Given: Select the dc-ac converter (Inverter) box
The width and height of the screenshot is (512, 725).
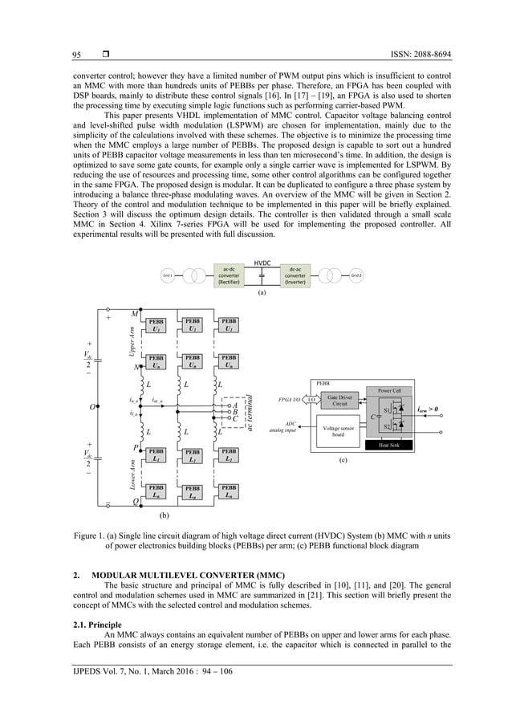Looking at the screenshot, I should (295, 275).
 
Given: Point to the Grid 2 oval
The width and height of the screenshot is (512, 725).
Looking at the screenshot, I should (356, 275).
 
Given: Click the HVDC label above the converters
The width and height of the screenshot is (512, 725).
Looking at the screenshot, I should (262, 263).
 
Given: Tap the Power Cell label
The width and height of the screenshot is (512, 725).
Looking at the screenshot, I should (388, 392).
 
